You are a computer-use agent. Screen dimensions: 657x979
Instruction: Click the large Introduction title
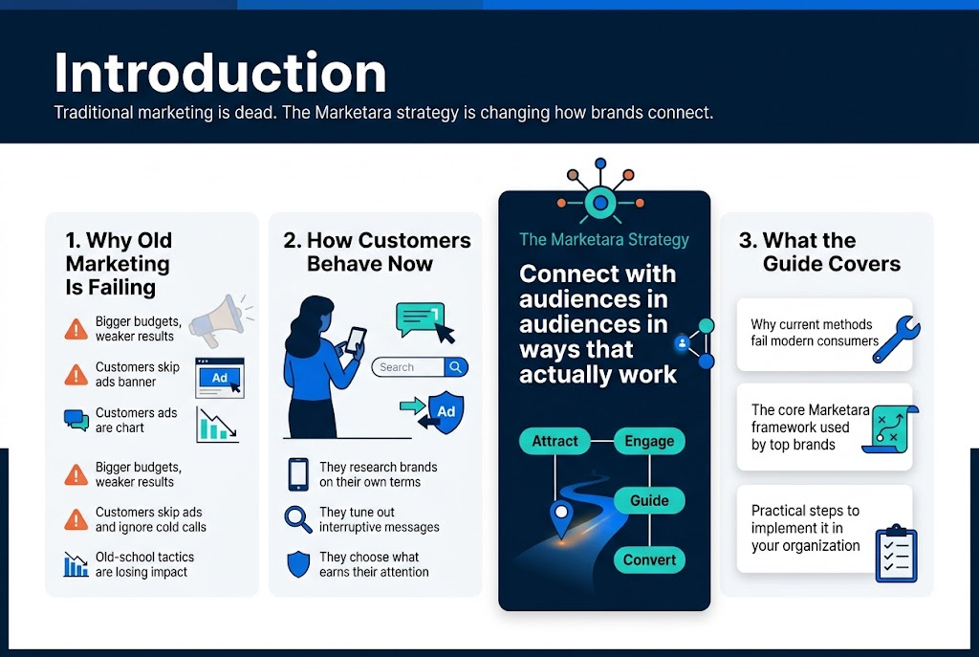(220, 73)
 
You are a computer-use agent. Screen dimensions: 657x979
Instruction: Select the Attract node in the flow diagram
(555, 441)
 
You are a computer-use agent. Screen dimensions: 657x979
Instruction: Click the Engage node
(649, 441)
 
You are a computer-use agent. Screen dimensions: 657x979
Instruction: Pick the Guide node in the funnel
(649, 500)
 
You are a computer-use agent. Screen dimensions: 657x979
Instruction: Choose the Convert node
(649, 559)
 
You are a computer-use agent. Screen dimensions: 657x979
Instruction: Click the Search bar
(419, 367)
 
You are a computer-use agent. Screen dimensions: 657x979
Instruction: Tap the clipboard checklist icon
(896, 553)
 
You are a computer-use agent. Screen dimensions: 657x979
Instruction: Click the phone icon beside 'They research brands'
(298, 474)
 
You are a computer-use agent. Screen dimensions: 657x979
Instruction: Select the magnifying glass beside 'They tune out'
(298, 519)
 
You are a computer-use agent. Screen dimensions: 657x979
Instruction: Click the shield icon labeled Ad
(446, 411)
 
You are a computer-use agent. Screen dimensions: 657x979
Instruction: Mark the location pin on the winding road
(560, 516)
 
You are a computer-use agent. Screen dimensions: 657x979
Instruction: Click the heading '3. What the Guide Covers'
(820, 252)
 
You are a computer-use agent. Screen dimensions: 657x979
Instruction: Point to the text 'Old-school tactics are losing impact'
(143, 564)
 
